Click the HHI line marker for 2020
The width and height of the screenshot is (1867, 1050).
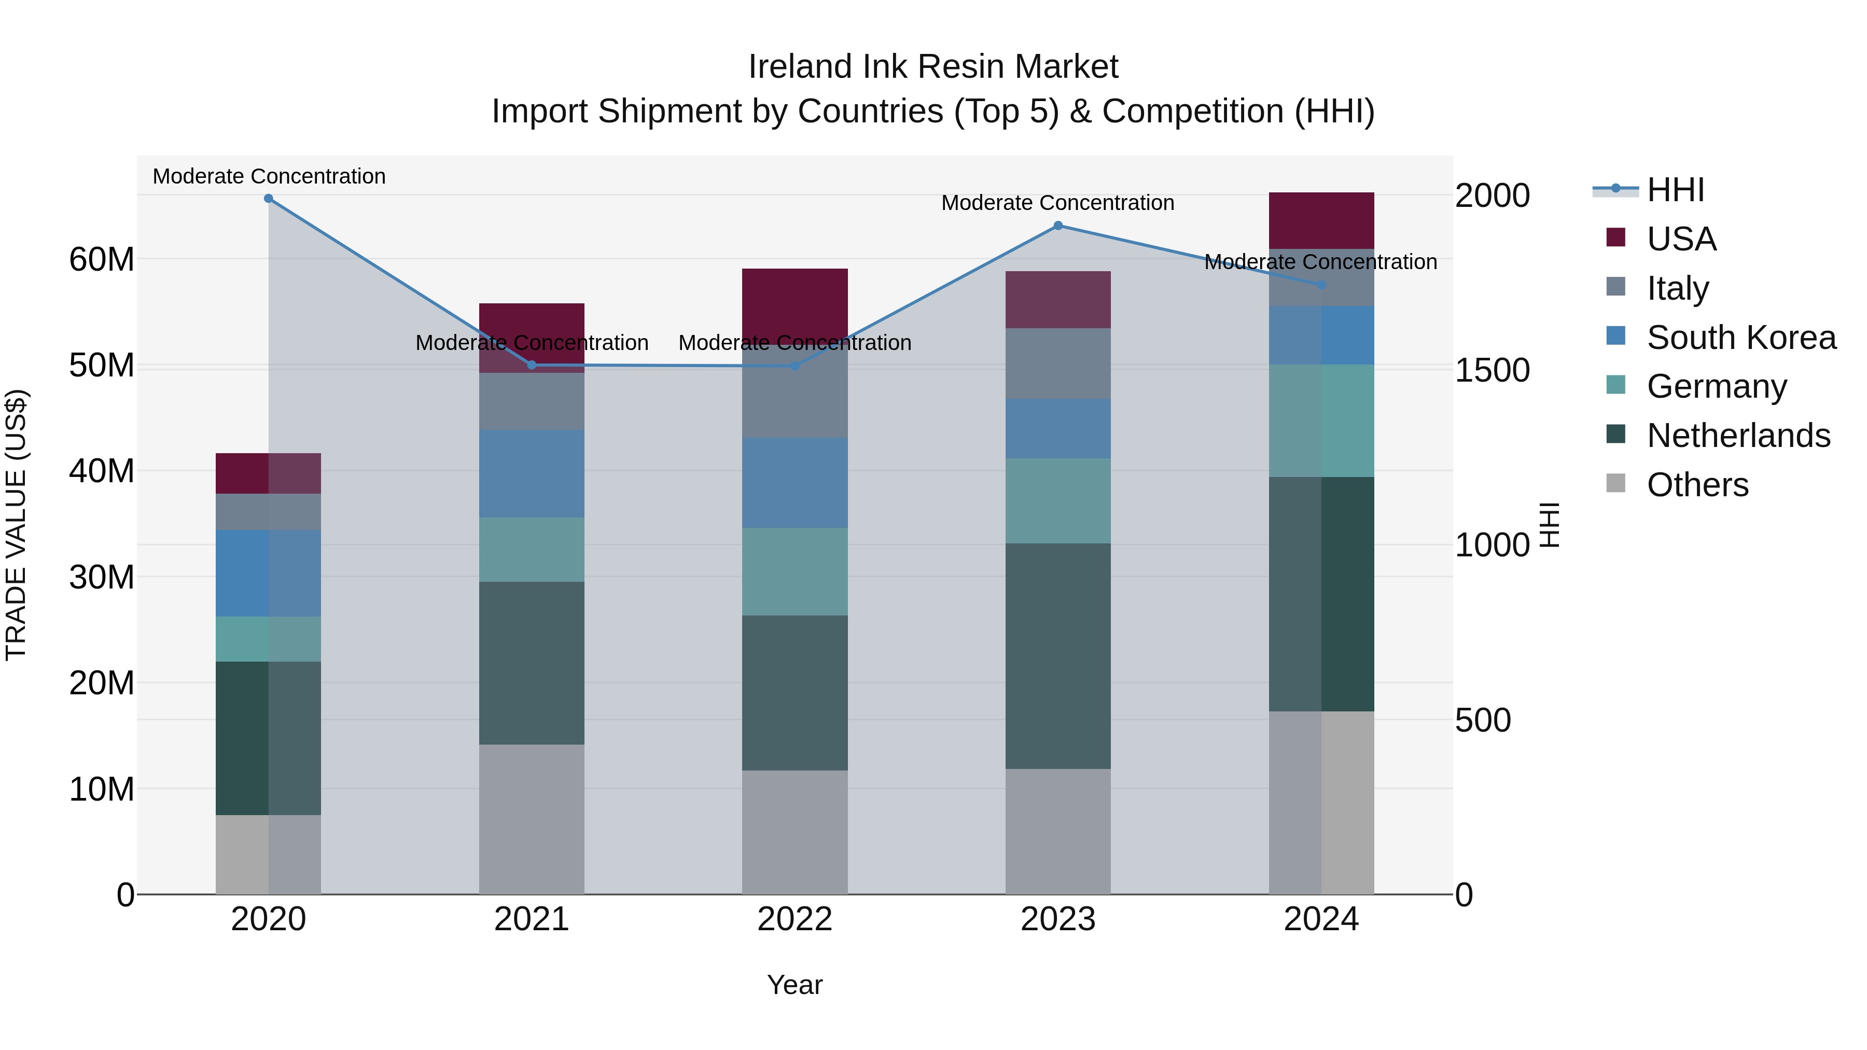[268, 199]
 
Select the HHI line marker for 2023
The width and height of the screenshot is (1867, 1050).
[1057, 226]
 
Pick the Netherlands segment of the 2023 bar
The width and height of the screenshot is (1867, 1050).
[1057, 656]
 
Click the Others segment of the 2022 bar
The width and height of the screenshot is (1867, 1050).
[795, 832]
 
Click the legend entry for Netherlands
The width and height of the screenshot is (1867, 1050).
[1738, 436]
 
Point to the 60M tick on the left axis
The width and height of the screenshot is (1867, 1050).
[102, 259]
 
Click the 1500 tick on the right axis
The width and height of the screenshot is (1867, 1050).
[1492, 370]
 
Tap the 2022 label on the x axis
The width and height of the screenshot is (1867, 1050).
[795, 919]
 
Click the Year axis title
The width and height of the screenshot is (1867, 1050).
[795, 985]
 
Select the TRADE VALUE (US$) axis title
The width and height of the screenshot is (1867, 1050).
[16, 525]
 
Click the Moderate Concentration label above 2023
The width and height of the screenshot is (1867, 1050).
[1057, 203]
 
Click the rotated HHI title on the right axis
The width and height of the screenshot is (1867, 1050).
[1548, 525]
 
